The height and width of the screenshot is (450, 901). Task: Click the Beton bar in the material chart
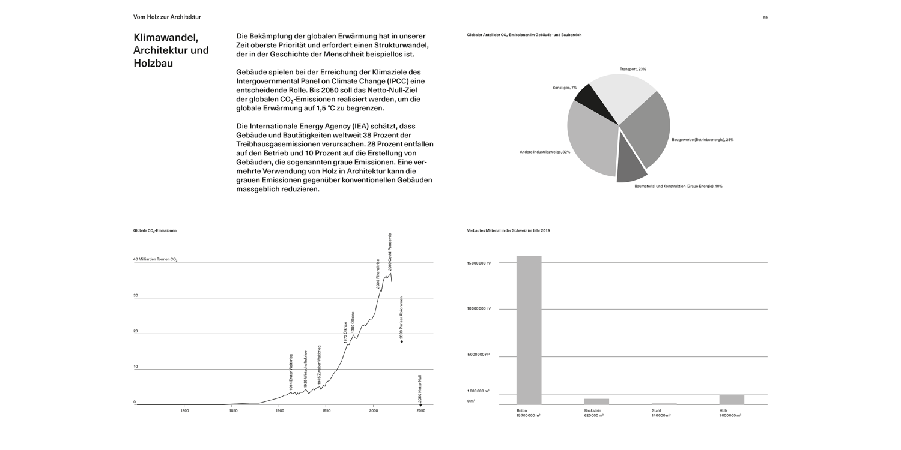pyautogui.click(x=529, y=330)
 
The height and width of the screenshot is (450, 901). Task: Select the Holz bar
pyautogui.click(x=731, y=400)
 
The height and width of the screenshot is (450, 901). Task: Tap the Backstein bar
pyautogui.click(x=596, y=401)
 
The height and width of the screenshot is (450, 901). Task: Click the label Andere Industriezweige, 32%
pyautogui.click(x=545, y=152)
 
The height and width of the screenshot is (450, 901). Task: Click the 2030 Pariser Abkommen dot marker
pyautogui.click(x=401, y=341)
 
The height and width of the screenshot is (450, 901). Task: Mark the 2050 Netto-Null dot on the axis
pyautogui.click(x=420, y=405)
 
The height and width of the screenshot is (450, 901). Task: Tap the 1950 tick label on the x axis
pyautogui.click(x=326, y=410)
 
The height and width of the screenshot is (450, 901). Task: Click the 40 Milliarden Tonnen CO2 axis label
pyautogui.click(x=155, y=260)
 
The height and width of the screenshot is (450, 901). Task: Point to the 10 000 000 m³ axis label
pyautogui.click(x=479, y=308)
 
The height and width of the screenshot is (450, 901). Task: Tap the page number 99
pyautogui.click(x=765, y=17)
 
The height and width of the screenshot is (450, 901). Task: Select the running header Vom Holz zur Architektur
pyautogui.click(x=167, y=17)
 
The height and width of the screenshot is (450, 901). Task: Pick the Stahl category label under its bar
pyautogui.click(x=656, y=411)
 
